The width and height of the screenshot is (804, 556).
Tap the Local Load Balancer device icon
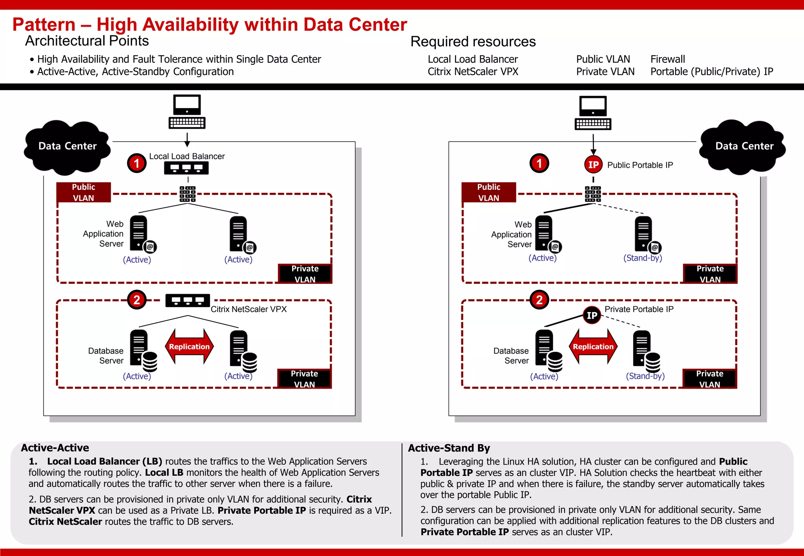tap(186, 168)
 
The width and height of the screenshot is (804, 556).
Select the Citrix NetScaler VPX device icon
tap(188, 301)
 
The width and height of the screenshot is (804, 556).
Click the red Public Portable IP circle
tap(593, 165)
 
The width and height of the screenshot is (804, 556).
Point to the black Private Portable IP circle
tap(592, 315)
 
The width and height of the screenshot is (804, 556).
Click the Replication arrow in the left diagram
tap(189, 347)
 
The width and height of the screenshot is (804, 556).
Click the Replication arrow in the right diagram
tap(593, 347)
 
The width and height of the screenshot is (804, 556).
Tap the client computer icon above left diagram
tap(187, 112)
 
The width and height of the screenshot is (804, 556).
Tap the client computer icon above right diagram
tap(593, 113)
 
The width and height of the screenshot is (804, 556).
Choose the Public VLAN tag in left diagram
tap(84, 192)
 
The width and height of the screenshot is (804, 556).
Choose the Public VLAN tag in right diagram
tap(489, 192)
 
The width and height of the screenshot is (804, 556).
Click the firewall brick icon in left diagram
tap(188, 194)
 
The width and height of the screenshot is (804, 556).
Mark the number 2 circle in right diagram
tap(539, 300)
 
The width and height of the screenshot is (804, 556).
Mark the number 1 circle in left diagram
tap(137, 163)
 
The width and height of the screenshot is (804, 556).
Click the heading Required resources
tap(473, 42)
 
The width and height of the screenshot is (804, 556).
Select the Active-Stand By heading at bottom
tap(449, 448)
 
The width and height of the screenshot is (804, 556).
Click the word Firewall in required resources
tap(667, 59)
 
